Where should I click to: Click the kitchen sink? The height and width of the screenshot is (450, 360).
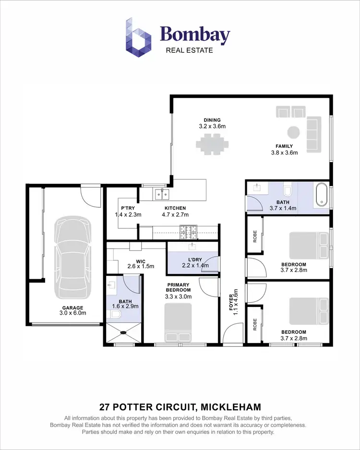tap(161, 193)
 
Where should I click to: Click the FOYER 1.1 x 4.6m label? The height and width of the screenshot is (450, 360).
tap(233, 301)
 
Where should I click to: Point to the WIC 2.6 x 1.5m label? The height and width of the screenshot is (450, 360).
tap(140, 264)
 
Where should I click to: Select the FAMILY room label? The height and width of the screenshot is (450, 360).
tap(284, 150)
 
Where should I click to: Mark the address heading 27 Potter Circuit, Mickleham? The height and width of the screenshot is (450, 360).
tap(180, 407)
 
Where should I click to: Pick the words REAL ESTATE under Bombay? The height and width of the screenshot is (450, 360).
tap(189, 49)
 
